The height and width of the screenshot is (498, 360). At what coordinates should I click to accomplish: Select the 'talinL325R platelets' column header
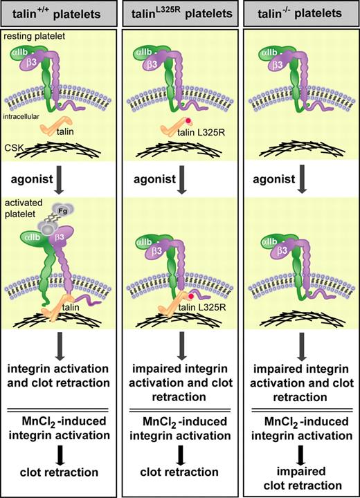(x=180, y=14)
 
